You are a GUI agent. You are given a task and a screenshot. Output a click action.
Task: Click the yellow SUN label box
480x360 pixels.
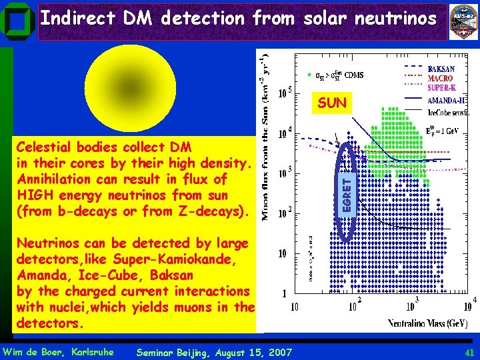(x=331, y=104)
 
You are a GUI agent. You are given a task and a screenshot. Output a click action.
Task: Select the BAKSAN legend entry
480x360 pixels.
(x=441, y=69)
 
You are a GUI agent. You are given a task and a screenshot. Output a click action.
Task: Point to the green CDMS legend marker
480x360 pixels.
(x=309, y=74)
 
